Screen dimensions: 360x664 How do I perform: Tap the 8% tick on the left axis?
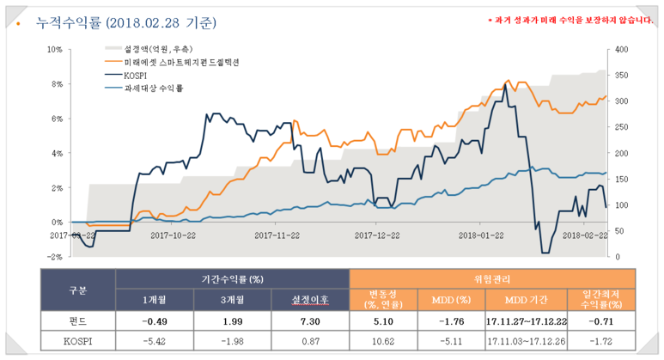53,84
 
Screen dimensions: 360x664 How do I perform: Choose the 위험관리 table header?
492,278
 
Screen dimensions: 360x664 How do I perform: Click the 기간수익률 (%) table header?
233,278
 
